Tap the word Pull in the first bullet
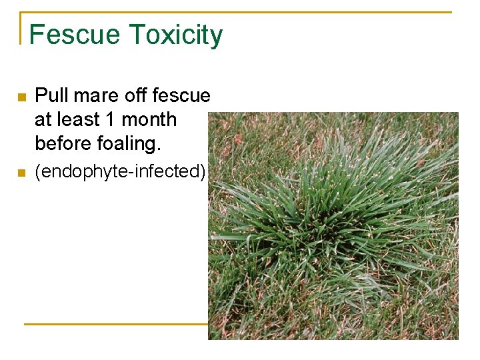point(51,96)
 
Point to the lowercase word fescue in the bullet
point(181,96)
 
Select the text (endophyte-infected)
point(121,172)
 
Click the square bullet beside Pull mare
point(21,97)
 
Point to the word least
point(78,120)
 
